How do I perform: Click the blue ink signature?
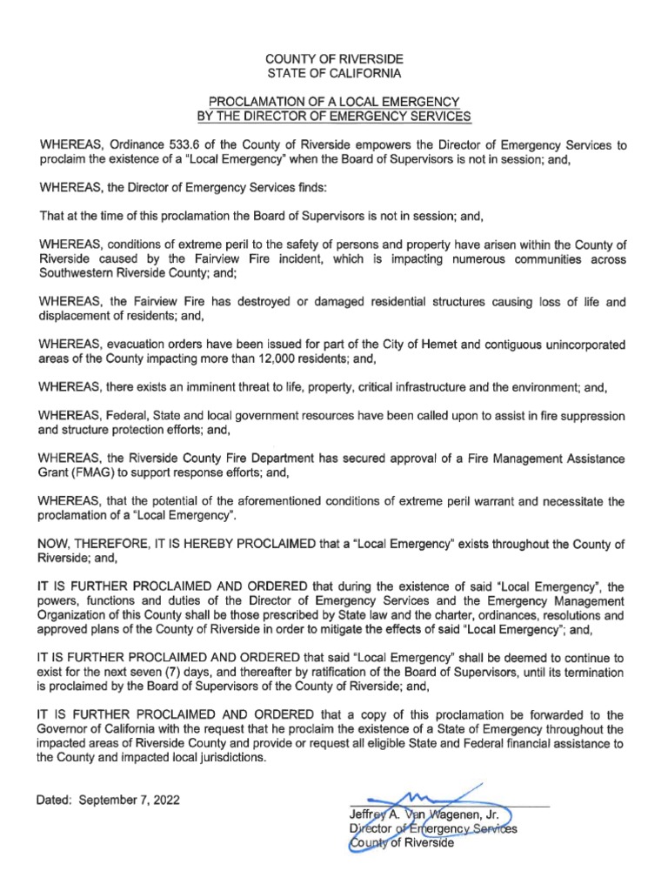[426, 799]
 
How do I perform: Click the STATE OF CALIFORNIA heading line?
[334, 74]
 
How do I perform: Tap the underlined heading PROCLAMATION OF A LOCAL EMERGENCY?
[334, 102]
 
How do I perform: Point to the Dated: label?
[57, 800]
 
